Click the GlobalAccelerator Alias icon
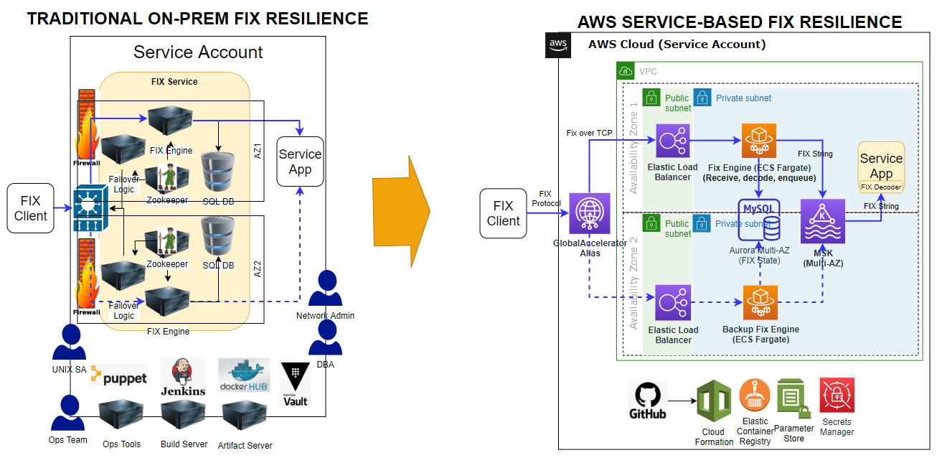pos(589,213)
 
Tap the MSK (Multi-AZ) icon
pos(823,222)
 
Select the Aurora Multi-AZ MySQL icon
pos(759,220)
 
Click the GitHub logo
pos(647,401)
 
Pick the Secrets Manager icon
pos(837,396)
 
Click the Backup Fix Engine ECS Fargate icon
pos(760,302)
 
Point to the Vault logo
pos(296,384)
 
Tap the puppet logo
pos(118,376)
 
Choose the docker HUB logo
pos(244,375)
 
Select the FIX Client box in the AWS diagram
pos(503,214)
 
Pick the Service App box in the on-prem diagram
pos(300,162)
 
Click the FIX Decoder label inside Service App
pos(880,187)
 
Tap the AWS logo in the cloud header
pos(558,45)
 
